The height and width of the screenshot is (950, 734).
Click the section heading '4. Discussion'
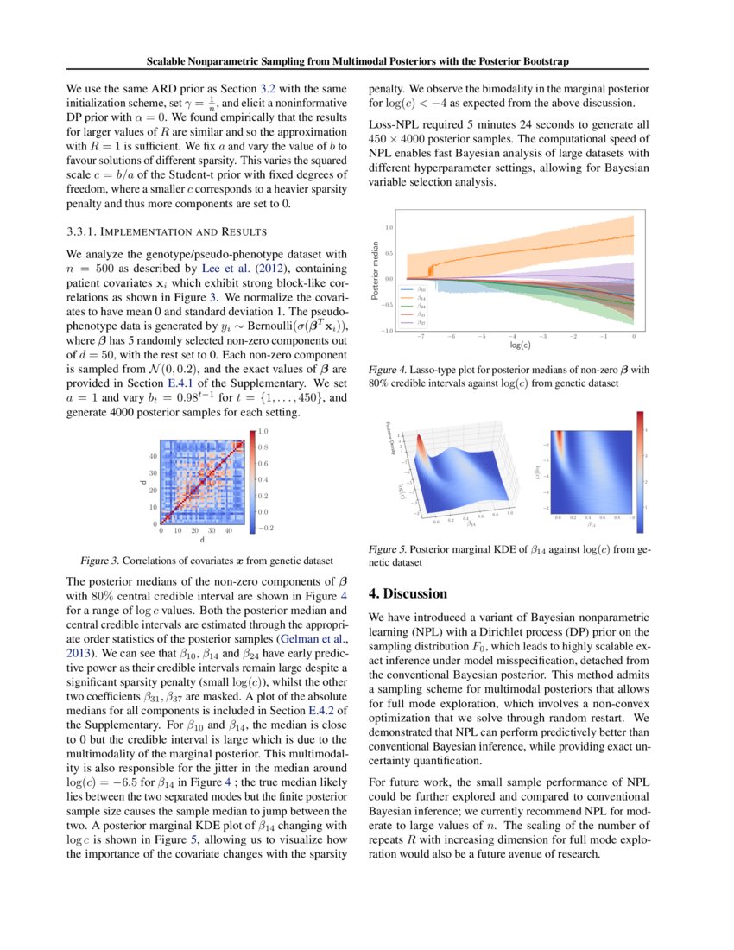click(408, 594)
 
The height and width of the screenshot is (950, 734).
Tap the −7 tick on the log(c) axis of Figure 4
click(421, 338)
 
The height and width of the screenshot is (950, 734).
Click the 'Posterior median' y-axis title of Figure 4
click(376, 270)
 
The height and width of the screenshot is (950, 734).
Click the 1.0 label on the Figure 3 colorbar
click(264, 430)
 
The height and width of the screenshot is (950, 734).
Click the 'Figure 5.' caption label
click(388, 548)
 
